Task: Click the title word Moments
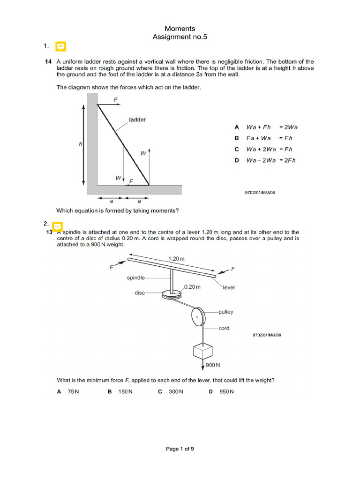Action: (180, 29)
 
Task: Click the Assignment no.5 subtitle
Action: (180, 37)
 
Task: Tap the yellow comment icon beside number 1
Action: (60, 46)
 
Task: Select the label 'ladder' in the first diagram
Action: (137, 120)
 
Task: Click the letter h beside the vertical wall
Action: (80, 144)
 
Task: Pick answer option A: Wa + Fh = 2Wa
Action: (272, 127)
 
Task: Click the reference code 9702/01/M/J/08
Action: (260, 192)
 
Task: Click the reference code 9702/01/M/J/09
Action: (267, 335)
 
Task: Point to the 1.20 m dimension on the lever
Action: (176, 258)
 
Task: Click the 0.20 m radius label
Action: (192, 287)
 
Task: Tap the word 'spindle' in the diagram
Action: (136, 277)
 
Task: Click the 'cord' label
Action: (224, 328)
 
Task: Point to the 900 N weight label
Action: (213, 365)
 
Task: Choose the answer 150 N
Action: (125, 392)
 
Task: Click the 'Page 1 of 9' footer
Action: (180, 449)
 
